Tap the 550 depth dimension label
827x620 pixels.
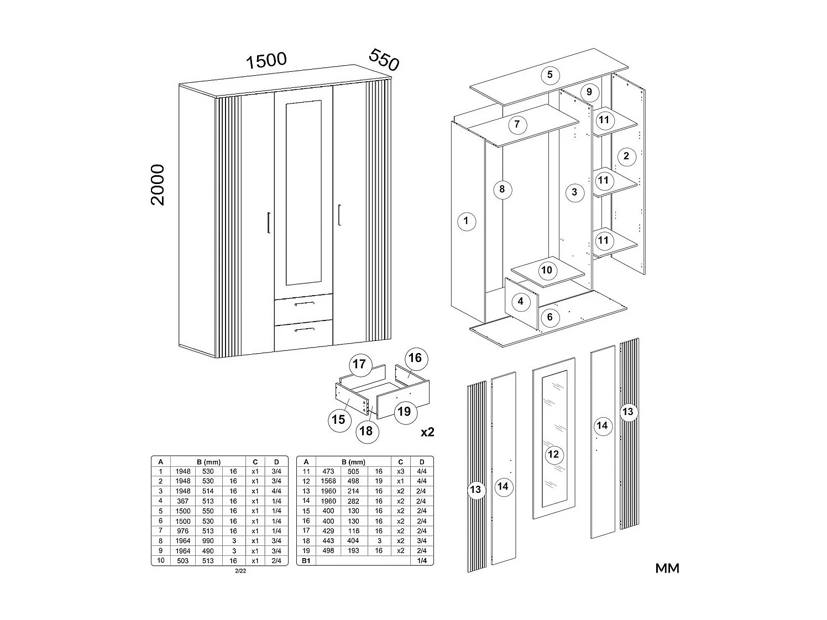[x=383, y=60]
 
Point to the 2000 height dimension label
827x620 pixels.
[x=158, y=185]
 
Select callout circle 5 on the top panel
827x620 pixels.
[x=549, y=75]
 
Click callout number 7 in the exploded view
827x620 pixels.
[x=517, y=124]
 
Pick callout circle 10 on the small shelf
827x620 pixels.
[x=546, y=270]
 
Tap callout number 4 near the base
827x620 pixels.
[x=520, y=302]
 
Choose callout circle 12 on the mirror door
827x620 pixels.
[x=553, y=454]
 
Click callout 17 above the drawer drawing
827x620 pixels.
[x=359, y=364]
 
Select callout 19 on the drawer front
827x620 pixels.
[x=404, y=411]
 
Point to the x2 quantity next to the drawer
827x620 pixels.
[x=427, y=432]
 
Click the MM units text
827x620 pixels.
[x=667, y=568]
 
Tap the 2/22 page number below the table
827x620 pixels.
[x=240, y=571]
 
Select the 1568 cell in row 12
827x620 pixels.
[x=328, y=481]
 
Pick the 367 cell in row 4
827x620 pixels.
[x=182, y=501]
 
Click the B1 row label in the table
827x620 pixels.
[x=306, y=561]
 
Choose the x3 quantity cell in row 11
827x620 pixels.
[x=401, y=471]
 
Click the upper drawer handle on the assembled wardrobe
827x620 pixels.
[x=303, y=304]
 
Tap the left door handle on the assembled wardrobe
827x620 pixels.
[x=268, y=223]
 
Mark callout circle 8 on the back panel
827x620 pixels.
[x=502, y=190]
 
